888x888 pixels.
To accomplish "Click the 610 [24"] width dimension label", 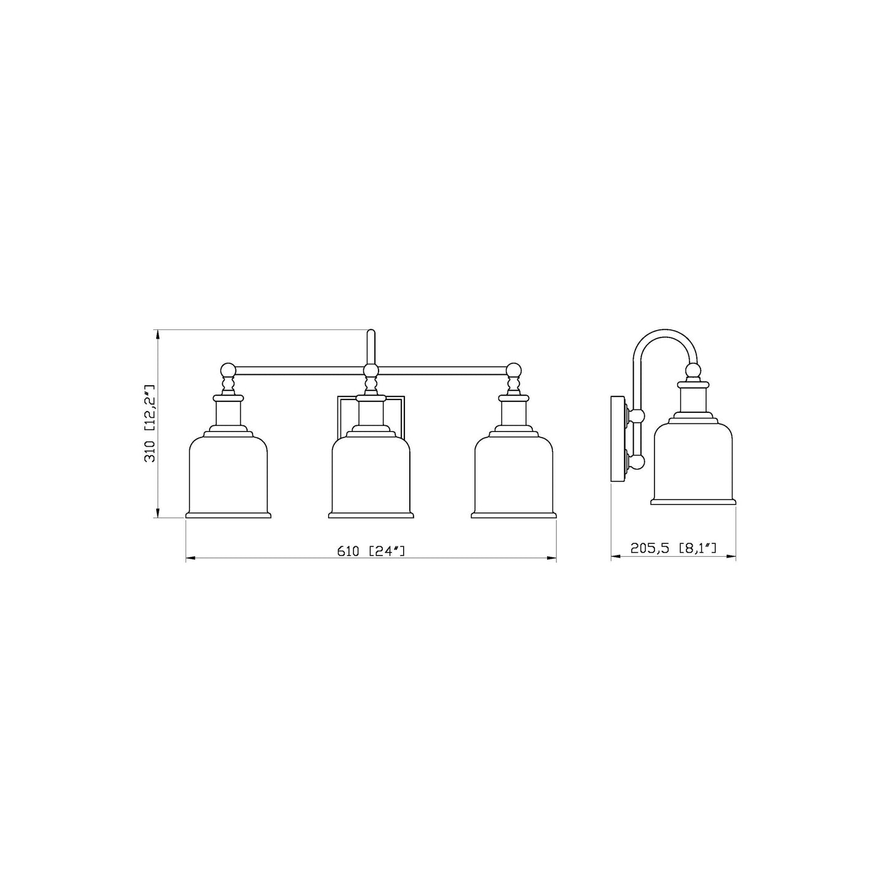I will pyautogui.click(x=371, y=551).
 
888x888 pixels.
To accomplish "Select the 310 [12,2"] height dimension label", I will pyautogui.click(x=150, y=424).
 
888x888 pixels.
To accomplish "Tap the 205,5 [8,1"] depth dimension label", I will pyautogui.click(x=674, y=548).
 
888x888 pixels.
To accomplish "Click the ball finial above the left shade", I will pyautogui.click(x=228, y=370).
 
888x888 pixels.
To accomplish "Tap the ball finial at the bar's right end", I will pyautogui.click(x=514, y=370).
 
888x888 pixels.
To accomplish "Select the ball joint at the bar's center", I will pyautogui.click(x=371, y=371).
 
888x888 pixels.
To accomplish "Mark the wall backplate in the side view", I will pyautogui.click(x=617, y=439).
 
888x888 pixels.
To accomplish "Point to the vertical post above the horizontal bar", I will pyautogui.click(x=371, y=346).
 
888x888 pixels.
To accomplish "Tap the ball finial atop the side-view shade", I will pyautogui.click(x=693, y=371).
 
